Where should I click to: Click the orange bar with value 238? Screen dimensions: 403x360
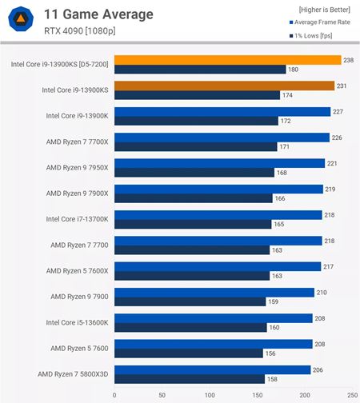point(227,59)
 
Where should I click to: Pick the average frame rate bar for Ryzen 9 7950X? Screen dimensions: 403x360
point(219,163)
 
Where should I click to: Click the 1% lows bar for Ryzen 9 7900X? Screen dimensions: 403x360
point(193,198)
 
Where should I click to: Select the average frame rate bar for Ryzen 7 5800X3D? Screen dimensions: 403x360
point(212,369)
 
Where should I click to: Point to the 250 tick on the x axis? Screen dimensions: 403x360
point(352,395)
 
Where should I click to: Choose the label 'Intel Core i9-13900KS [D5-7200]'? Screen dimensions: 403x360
point(60,64)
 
